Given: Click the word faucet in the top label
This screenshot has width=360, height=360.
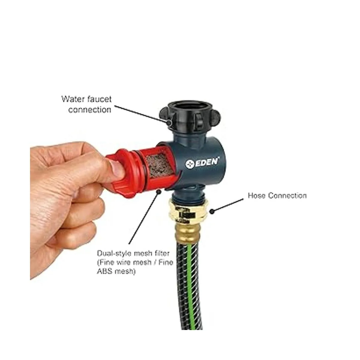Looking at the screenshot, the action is [99, 99].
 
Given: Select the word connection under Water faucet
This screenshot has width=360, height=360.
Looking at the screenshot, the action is [90, 109].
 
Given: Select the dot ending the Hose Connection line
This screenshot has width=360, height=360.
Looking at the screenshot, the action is [211, 211].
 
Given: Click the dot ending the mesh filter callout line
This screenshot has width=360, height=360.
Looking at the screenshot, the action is [159, 191].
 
